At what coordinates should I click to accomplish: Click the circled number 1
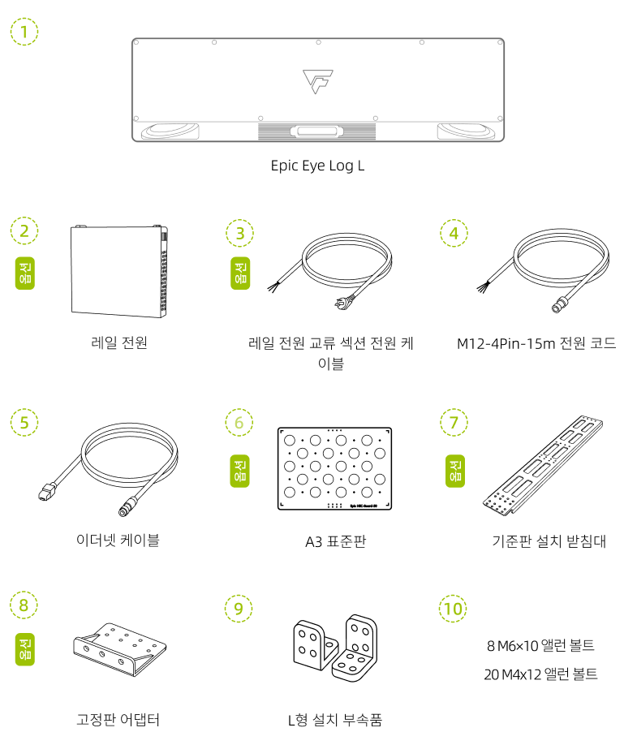pyautogui.click(x=24, y=32)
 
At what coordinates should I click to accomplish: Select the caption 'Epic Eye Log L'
pyautogui.click(x=317, y=166)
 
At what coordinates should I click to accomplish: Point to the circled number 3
pyautogui.click(x=239, y=233)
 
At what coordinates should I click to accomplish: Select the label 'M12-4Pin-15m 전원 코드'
pyautogui.click(x=536, y=343)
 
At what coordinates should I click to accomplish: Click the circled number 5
pyautogui.click(x=24, y=422)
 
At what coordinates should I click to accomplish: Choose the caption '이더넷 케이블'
pyautogui.click(x=118, y=540)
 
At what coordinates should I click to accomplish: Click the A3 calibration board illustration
pyautogui.click(x=334, y=469)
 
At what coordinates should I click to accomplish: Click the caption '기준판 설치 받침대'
pyautogui.click(x=549, y=540)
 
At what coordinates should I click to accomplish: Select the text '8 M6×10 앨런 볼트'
pyautogui.click(x=540, y=646)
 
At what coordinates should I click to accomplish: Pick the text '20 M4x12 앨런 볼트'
pyautogui.click(x=540, y=674)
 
